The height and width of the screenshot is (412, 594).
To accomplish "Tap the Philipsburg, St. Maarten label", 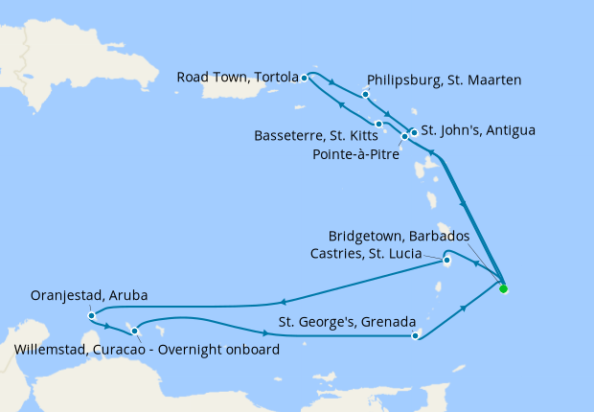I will click(x=444, y=80).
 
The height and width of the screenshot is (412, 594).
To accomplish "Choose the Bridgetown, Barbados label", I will click(x=399, y=236).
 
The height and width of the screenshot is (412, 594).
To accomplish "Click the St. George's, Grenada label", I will click(x=346, y=321).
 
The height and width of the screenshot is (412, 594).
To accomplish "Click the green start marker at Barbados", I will click(x=503, y=287).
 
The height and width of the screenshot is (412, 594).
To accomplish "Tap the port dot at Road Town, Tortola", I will click(x=304, y=78).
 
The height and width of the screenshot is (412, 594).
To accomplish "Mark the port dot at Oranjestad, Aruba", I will click(x=90, y=314).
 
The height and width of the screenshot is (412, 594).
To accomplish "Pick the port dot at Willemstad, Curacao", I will click(x=135, y=331).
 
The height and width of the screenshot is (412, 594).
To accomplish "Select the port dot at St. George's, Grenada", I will click(x=415, y=335).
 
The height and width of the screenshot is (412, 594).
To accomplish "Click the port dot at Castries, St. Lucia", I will click(x=446, y=258).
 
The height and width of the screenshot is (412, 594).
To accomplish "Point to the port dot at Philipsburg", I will click(x=366, y=95).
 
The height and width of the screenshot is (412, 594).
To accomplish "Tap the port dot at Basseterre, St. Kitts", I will click(x=379, y=124).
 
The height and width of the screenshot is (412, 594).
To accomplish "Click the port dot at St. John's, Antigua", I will click(x=414, y=131).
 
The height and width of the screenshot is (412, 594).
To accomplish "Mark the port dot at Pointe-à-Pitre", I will click(x=404, y=136).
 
